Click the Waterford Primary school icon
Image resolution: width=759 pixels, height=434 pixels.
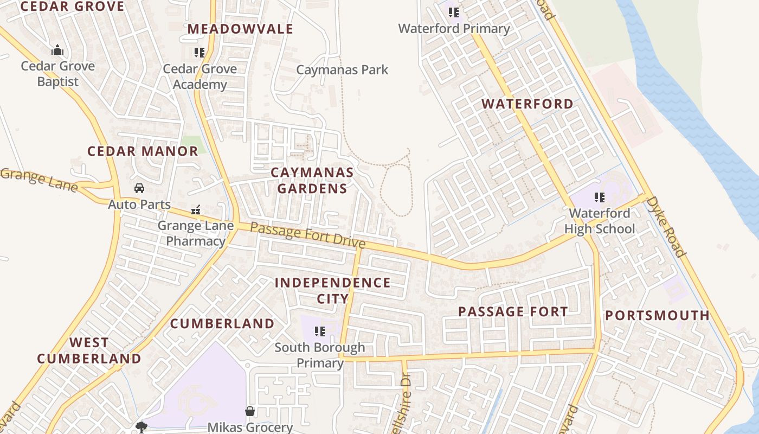click(x=454, y=12)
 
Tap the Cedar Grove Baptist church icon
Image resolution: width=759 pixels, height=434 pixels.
click(x=57, y=50)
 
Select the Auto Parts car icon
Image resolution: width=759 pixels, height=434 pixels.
click(x=139, y=188)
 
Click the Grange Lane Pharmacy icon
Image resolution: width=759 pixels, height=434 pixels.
click(x=196, y=209)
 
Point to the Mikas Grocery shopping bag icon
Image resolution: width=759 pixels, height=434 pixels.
click(x=250, y=411)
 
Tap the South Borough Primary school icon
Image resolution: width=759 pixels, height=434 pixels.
click(x=320, y=331)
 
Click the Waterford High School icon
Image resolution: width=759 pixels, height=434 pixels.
click(x=599, y=197)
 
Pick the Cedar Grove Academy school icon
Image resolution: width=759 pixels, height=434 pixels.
click(x=200, y=53)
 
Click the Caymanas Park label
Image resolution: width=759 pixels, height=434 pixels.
click(x=342, y=70)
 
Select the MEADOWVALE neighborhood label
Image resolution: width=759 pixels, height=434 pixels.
click(x=240, y=29)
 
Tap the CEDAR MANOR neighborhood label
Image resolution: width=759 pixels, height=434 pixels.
click(x=143, y=151)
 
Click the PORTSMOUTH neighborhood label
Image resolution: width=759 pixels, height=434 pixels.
click(x=657, y=316)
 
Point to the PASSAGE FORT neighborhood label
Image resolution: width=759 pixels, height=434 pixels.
click(x=513, y=312)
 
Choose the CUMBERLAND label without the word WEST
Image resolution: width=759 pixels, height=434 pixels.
click(x=222, y=324)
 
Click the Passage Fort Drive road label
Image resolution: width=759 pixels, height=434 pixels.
click(x=308, y=236)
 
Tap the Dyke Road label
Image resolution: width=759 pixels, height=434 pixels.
click(x=666, y=226)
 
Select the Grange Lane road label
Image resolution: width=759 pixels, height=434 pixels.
click(x=39, y=180)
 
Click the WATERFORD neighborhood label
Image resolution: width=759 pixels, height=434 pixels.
click(x=527, y=104)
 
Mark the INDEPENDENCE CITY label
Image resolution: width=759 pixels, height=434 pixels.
click(x=332, y=291)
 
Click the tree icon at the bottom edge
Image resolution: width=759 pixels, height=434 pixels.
click(x=141, y=427)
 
